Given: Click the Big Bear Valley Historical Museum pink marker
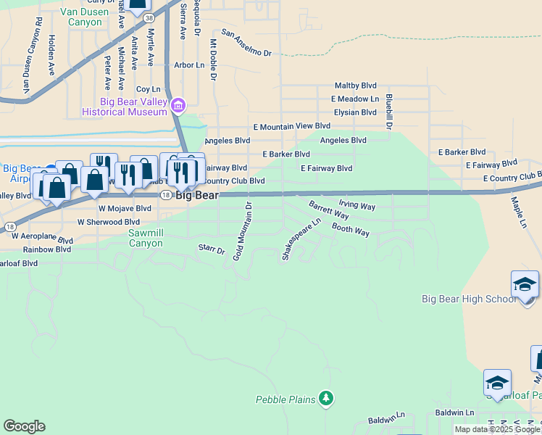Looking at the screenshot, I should click(x=178, y=107).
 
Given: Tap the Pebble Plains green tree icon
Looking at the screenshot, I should click(x=326, y=398).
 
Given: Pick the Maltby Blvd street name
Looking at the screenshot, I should click(x=355, y=86).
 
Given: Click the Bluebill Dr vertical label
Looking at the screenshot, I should click(x=389, y=111).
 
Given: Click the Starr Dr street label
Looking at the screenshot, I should click(x=212, y=249).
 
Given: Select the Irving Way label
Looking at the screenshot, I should click(x=357, y=207).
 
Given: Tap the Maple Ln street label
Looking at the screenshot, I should click(x=518, y=212).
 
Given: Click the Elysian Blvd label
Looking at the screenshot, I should click(x=355, y=112).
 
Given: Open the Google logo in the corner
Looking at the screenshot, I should click(x=24, y=426).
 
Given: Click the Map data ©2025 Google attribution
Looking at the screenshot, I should click(x=497, y=429).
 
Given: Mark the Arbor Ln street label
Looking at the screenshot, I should click(x=189, y=65).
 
